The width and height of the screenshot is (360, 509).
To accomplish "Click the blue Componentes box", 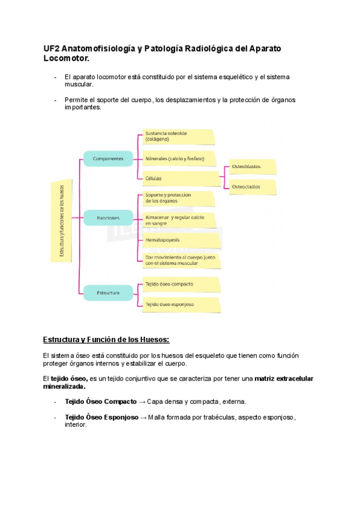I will (108, 160).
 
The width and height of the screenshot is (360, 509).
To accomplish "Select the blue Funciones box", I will (108, 218).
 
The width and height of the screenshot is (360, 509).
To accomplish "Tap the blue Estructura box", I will (108, 293).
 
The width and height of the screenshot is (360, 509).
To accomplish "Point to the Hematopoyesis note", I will (178, 239).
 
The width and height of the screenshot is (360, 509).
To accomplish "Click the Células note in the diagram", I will (178, 178).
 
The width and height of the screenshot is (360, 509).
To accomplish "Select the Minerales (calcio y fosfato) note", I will (178, 159).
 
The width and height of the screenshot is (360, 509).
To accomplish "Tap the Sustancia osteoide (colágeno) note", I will (178, 136).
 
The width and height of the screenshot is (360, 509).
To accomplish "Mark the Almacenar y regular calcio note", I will (178, 220).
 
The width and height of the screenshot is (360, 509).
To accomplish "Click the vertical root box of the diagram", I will (61, 221).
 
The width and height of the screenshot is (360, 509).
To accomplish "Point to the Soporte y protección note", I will (178, 198).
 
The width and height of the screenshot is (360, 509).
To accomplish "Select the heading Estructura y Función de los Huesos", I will (106, 340).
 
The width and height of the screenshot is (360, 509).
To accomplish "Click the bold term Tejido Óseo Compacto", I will (100, 401).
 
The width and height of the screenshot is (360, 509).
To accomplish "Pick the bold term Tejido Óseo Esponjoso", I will (101, 417).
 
